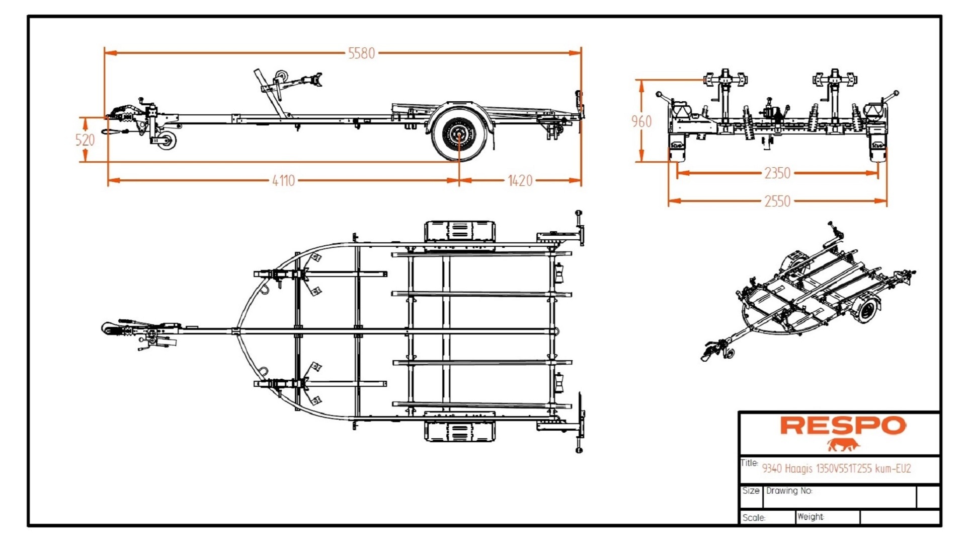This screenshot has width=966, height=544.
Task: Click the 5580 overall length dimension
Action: pyautogui.click(x=361, y=53)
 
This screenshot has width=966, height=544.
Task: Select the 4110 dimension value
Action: pyautogui.click(x=283, y=180)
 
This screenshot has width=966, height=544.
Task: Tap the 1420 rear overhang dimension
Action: pyautogui.click(x=520, y=180)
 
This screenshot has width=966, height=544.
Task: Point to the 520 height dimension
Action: pyautogui.click(x=85, y=140)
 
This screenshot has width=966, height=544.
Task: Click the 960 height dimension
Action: pyautogui.click(x=641, y=121)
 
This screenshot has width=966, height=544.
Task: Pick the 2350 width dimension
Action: pyautogui.click(x=777, y=173)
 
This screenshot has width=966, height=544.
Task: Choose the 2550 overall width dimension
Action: pyautogui.click(x=777, y=201)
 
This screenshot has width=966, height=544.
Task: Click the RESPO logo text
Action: pyautogui.click(x=843, y=426)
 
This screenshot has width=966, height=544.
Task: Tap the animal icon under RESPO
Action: pyautogui.click(x=843, y=445)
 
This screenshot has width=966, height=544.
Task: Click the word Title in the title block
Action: pyautogui.click(x=749, y=463)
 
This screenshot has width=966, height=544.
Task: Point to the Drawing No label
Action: pyautogui.click(x=789, y=491)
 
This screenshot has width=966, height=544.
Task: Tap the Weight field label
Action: pyautogui.click(x=810, y=517)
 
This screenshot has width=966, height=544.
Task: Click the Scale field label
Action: pyautogui.click(x=753, y=518)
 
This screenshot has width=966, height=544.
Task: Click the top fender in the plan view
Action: pyautogui.click(x=459, y=232)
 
